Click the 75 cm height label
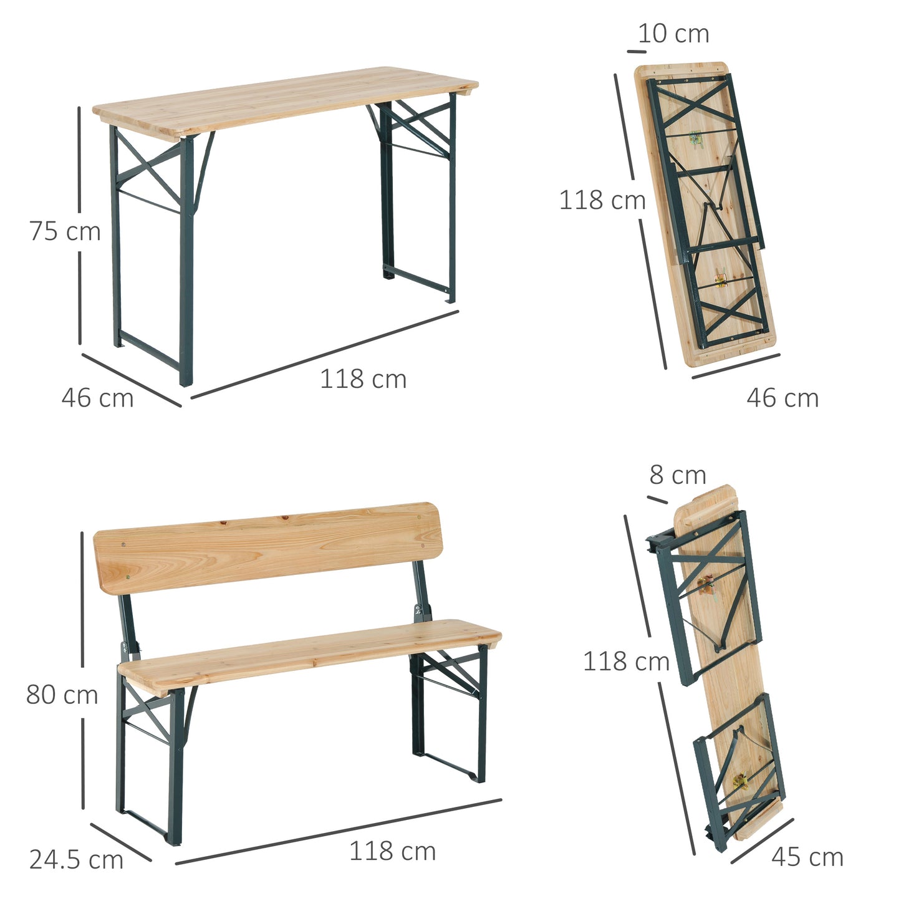[65, 231]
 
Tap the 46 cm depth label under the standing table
[97, 398]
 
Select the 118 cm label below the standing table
[363, 379]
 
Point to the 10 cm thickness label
[673, 34]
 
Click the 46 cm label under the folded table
[783, 398]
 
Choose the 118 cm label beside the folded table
[602, 200]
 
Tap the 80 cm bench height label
[62, 695]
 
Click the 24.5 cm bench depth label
[76, 860]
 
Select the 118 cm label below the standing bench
[392, 851]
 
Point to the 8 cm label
[678, 475]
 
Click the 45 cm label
[807, 857]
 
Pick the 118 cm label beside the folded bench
[626, 661]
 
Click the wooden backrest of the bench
[268, 546]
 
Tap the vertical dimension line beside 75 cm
[80, 162]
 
